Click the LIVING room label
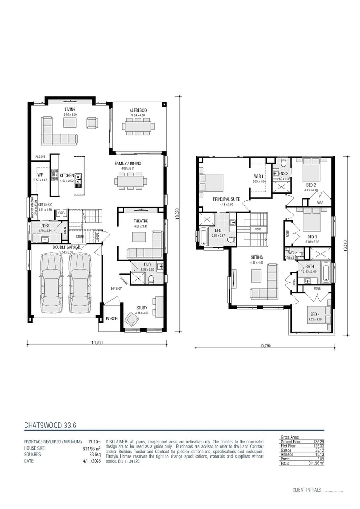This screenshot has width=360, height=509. pyautogui.click(x=70, y=109)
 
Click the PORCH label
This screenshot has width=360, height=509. pyautogui.click(x=111, y=319)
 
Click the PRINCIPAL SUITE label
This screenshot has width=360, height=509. pyautogui.click(x=227, y=199)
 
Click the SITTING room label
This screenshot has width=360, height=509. pyautogui.click(x=256, y=257)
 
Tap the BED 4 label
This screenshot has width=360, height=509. pyautogui.click(x=314, y=314)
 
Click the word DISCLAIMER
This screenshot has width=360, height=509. pyautogui.click(x=116, y=441)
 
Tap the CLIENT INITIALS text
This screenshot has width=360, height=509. pyautogui.click(x=307, y=490)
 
